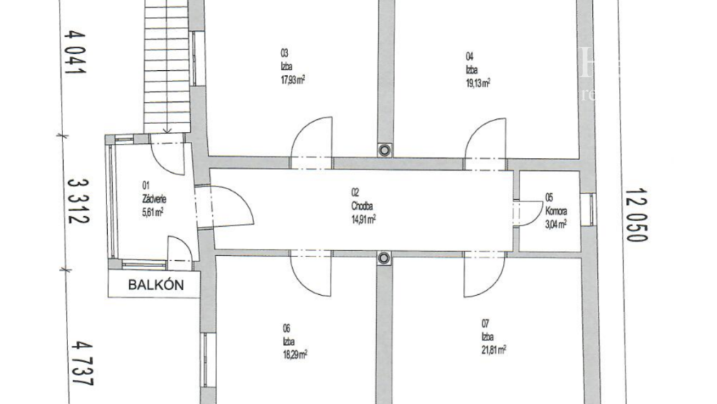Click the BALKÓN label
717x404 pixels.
click(156, 286)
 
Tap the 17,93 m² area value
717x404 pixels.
click(293, 79)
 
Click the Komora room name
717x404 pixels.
click(556, 211)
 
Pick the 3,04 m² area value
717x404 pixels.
click(556, 225)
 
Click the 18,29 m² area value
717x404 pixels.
click(294, 352)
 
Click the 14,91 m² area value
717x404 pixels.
click(362, 219)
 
